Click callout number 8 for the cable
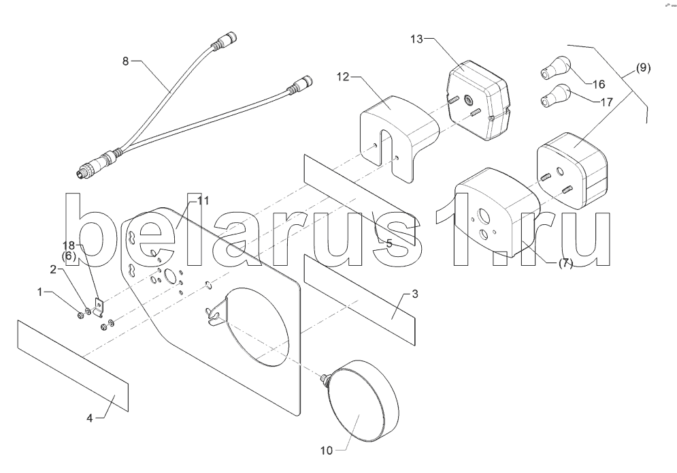pos(125,61)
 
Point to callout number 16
pos(598,85)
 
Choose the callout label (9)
pos(643,67)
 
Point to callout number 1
pos(39,291)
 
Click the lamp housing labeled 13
pos(477,99)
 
